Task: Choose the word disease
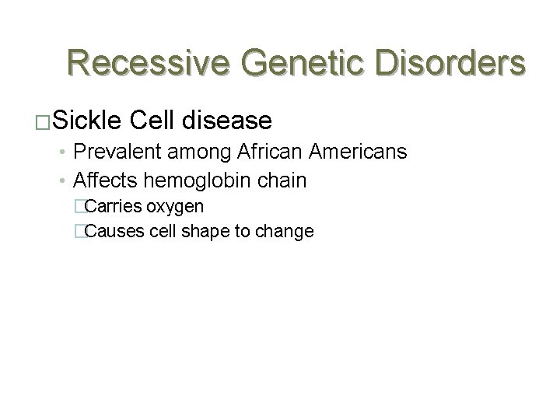pyautogui.click(x=230, y=121)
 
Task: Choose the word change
pyautogui.click(x=286, y=232)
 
